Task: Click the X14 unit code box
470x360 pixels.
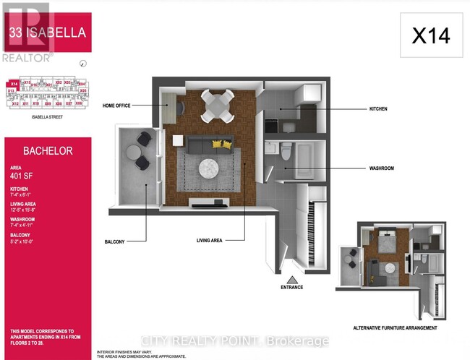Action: (430, 35)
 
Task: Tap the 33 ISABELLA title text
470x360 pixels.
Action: (48, 33)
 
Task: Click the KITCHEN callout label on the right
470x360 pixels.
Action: (377, 109)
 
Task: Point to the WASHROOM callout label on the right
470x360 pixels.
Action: (380, 168)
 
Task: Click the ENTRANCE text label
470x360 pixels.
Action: (291, 288)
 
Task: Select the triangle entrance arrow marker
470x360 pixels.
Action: (291, 278)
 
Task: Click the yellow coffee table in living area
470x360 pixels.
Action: (218, 145)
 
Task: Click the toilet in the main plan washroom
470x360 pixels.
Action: (285, 153)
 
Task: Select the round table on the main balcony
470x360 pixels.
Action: (134, 153)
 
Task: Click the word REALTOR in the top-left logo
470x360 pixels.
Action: (19, 55)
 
